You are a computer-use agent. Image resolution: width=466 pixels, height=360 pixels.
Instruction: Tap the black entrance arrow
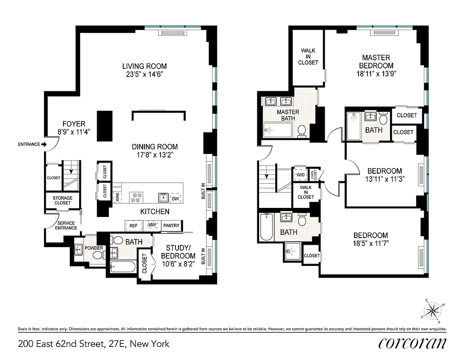(44, 144)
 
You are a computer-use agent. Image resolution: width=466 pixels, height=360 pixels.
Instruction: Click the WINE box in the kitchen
(117, 197)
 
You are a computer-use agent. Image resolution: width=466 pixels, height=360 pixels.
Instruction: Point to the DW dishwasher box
(175, 198)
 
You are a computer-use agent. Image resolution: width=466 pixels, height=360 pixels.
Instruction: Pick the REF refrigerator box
(133, 225)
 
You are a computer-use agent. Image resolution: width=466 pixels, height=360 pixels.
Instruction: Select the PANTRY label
(171, 225)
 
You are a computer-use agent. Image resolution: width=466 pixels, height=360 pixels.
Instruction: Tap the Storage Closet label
(63, 200)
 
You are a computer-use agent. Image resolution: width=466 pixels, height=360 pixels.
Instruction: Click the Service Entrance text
(66, 225)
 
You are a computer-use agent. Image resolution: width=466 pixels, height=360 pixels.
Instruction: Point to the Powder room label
(94, 248)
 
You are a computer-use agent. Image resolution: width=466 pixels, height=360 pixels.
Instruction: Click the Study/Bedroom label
(181, 252)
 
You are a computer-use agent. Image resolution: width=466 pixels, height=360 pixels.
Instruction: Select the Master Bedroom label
(376, 62)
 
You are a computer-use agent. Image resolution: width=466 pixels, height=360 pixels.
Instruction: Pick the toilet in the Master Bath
(302, 131)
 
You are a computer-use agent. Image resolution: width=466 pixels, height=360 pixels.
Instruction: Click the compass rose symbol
(433, 310)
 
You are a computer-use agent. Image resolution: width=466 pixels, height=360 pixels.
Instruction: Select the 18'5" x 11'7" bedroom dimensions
(370, 243)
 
